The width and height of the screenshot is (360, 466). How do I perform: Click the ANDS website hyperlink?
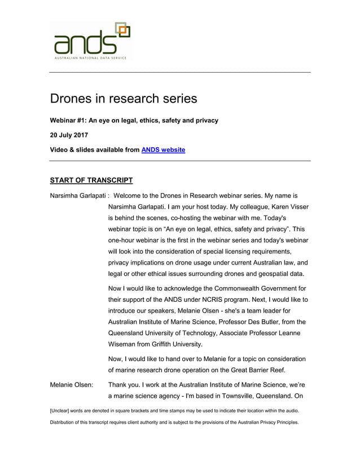coord(163,150)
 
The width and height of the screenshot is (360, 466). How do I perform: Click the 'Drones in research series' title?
coord(124,99)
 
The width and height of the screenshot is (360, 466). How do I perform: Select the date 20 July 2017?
coord(69,135)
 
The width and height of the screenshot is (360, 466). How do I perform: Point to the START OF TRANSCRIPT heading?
coord(91,181)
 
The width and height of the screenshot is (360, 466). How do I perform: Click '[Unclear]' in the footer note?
coord(63,410)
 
